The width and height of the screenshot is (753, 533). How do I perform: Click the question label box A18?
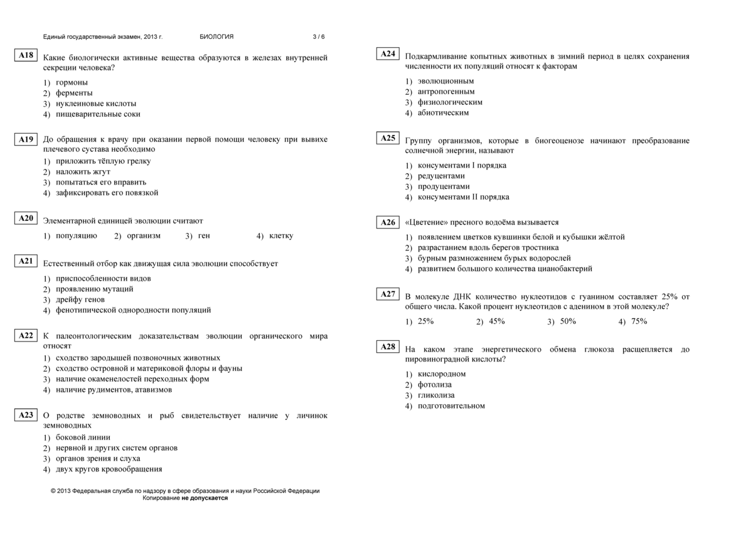(x=26, y=55)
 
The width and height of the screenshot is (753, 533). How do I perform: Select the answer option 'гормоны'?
(x=72, y=82)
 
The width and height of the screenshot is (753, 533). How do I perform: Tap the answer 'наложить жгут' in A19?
(x=83, y=171)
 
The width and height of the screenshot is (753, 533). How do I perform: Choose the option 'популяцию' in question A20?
(x=76, y=236)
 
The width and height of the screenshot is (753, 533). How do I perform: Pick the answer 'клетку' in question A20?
(x=280, y=236)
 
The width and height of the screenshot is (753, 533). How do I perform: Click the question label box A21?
(x=26, y=261)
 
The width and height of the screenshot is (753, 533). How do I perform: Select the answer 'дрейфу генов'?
(x=80, y=299)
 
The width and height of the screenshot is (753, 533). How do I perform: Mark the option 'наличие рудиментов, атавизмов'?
(x=114, y=390)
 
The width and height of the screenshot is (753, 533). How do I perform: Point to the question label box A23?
(x=26, y=415)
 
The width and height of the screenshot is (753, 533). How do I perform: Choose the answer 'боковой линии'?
(x=83, y=438)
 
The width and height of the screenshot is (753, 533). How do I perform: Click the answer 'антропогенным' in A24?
(x=446, y=92)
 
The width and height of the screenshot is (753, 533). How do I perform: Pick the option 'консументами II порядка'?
(x=463, y=197)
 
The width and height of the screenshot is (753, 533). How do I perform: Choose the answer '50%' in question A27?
(x=568, y=321)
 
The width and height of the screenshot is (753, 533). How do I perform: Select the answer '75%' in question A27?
(x=639, y=321)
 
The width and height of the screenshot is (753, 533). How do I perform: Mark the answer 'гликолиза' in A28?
(x=436, y=396)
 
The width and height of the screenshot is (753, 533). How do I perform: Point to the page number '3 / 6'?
(x=319, y=37)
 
